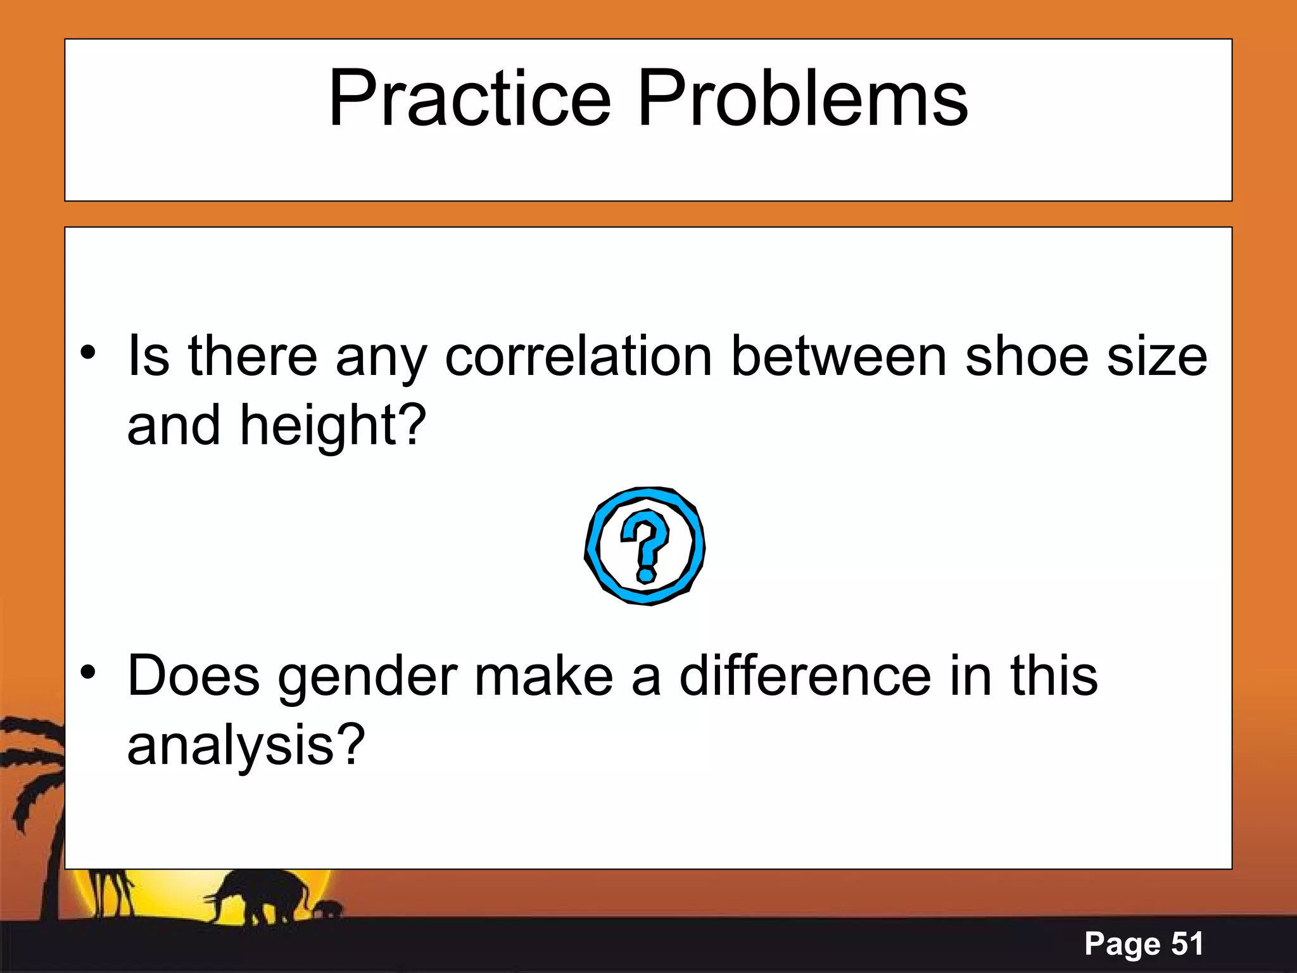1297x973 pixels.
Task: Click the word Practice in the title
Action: [469, 99]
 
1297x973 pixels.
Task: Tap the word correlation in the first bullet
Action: [578, 357]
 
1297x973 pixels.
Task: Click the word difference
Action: [805, 675]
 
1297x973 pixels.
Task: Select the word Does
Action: [193, 675]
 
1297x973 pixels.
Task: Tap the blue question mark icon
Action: [645, 545]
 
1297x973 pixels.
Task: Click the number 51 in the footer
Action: [1187, 943]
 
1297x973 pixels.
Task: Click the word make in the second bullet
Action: [543, 675]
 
